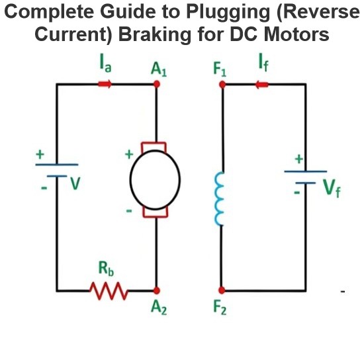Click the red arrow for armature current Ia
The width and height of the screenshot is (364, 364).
[x=105, y=84]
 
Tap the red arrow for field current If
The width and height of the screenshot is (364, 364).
[x=262, y=85]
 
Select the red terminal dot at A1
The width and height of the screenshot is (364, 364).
[x=157, y=84]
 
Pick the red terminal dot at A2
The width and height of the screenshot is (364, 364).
[x=157, y=291]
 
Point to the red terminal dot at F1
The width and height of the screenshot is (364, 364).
[x=222, y=85]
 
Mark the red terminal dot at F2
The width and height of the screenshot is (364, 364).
[x=222, y=290]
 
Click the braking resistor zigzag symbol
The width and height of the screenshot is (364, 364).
[x=109, y=291]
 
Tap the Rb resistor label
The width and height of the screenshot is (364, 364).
[x=106, y=269]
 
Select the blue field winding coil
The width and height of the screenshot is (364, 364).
[x=219, y=199]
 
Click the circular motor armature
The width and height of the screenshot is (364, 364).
[x=155, y=180]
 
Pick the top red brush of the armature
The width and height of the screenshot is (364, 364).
[x=154, y=147]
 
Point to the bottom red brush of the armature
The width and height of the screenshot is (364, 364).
[x=156, y=212]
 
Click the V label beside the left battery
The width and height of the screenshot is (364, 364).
[x=75, y=184]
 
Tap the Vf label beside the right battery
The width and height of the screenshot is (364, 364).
[x=332, y=189]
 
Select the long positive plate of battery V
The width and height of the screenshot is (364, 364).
[x=57, y=165]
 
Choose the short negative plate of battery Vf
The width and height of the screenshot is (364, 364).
[x=306, y=183]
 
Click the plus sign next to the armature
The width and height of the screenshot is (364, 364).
[x=129, y=154]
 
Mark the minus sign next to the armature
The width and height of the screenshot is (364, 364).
[x=129, y=210]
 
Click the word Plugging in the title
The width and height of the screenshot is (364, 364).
[x=228, y=12]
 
